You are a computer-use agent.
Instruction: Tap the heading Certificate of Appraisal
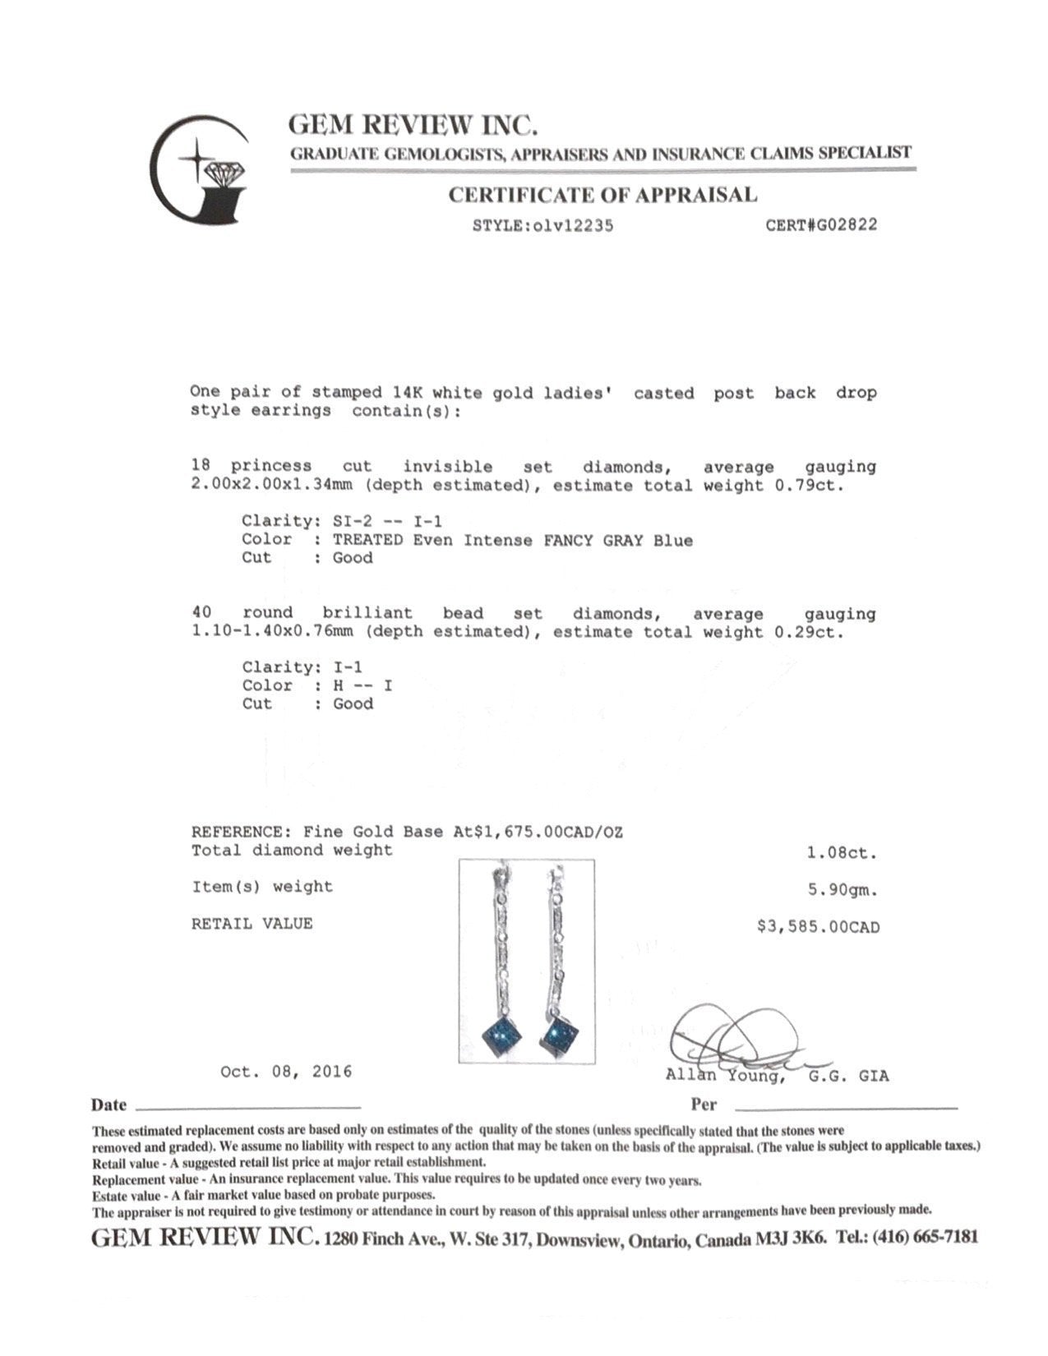(x=602, y=195)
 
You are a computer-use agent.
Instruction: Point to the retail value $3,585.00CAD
(x=818, y=927)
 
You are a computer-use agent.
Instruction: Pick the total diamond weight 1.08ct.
(x=842, y=853)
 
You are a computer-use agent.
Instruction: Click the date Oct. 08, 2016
(x=285, y=1072)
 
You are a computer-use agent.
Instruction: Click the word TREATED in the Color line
(x=367, y=540)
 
